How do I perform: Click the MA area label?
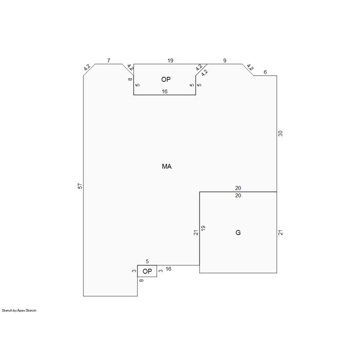[167, 166]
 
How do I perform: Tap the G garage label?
[238, 232]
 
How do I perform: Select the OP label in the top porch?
[166, 79]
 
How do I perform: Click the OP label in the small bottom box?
[147, 272]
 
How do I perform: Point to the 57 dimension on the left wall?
[80, 186]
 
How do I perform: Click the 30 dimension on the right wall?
[280, 133]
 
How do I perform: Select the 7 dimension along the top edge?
[109, 60]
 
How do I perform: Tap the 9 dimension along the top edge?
[225, 60]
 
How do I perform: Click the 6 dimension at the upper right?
[265, 72]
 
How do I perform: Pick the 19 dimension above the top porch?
[170, 60]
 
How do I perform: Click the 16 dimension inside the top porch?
[165, 92]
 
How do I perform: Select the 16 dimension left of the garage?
[168, 269]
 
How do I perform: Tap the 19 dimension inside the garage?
[203, 228]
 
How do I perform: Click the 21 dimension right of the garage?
[280, 232]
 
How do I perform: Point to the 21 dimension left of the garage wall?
[196, 232]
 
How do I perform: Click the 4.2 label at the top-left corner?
[87, 67]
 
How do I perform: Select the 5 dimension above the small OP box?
[147, 261]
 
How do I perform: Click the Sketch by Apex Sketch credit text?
[19, 311]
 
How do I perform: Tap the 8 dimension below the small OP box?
[141, 280]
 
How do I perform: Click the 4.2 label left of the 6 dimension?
[250, 67]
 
